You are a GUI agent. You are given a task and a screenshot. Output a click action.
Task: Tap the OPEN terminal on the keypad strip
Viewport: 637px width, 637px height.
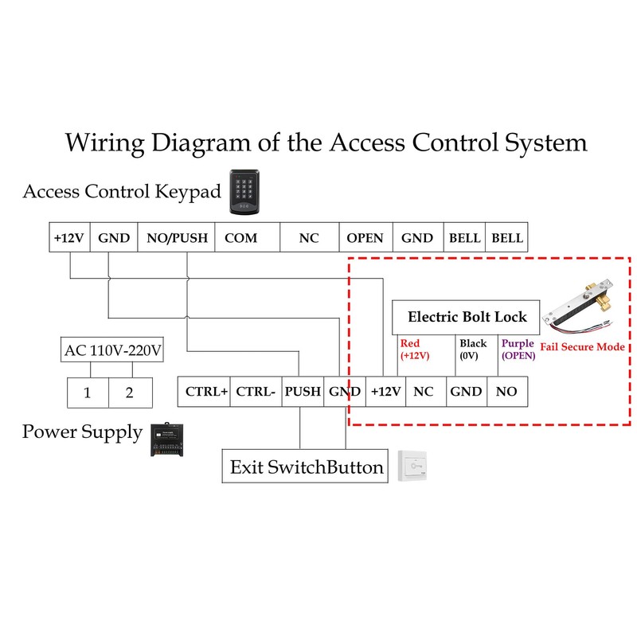tap(365, 238)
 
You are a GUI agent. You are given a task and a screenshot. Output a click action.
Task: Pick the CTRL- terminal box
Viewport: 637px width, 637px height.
tap(256, 392)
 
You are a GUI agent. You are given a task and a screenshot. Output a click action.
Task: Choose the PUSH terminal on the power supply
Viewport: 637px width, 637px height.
tap(303, 392)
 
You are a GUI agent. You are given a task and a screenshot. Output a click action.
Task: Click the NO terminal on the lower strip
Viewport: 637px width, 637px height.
tap(506, 392)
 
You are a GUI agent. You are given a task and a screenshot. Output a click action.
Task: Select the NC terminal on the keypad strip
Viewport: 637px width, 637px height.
tap(309, 238)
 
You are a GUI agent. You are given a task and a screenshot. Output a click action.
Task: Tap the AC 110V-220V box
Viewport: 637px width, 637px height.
tap(111, 350)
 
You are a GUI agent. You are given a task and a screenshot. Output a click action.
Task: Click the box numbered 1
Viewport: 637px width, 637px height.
tap(87, 393)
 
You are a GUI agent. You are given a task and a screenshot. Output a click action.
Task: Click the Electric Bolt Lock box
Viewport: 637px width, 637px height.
tap(467, 317)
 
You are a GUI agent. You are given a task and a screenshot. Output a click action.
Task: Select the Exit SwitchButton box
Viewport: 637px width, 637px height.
tap(307, 467)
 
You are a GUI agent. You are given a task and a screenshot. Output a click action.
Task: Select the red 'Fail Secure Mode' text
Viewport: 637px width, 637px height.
tap(582, 347)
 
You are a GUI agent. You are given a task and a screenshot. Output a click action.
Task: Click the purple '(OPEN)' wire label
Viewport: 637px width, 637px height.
tap(518, 356)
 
